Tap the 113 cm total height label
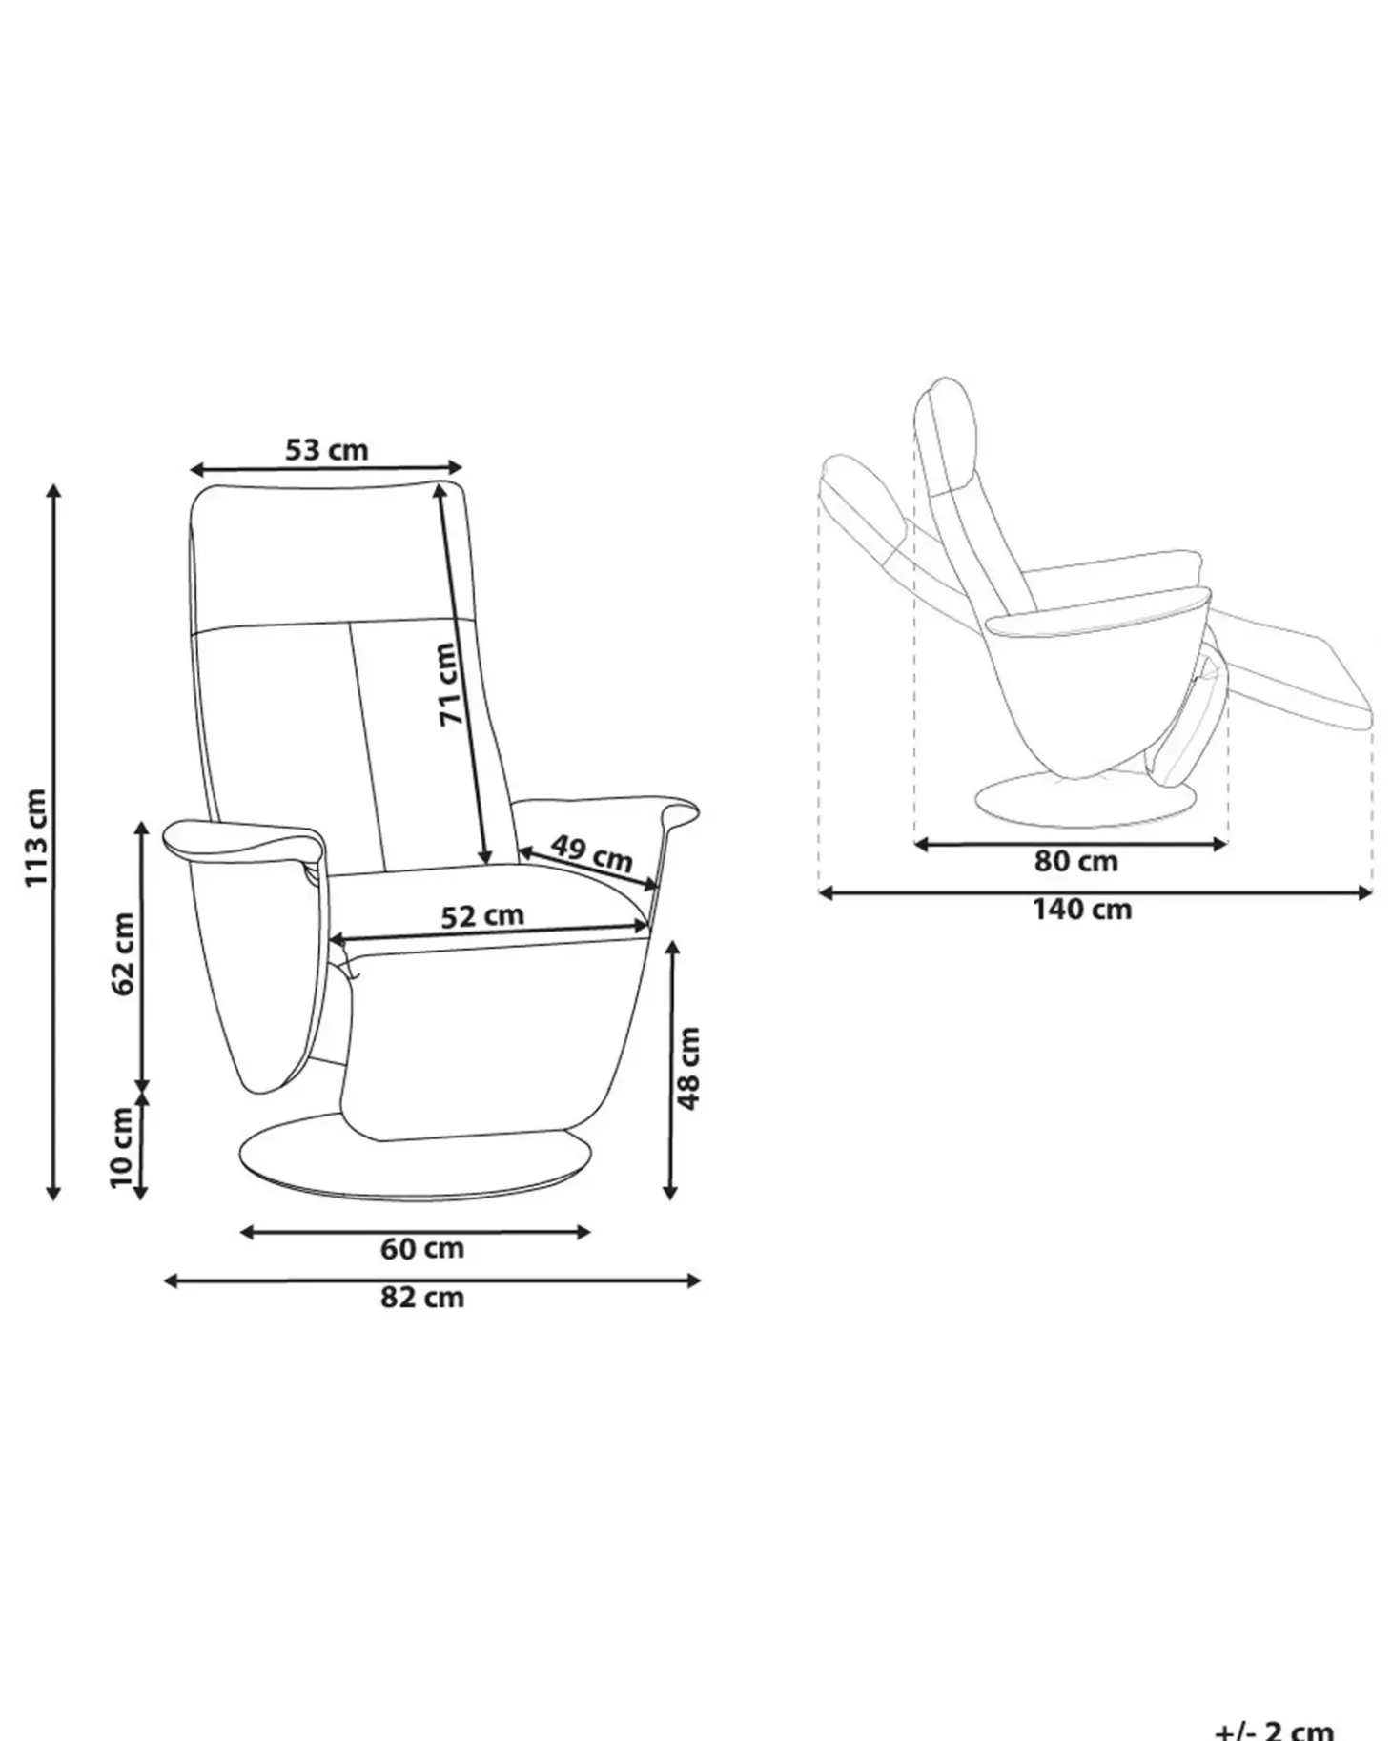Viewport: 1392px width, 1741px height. [x=35, y=837]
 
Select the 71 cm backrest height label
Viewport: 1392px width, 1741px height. [x=450, y=683]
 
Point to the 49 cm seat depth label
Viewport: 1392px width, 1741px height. [x=591, y=852]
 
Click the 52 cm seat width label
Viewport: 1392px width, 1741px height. [x=482, y=915]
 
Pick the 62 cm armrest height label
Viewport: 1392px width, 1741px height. [x=123, y=953]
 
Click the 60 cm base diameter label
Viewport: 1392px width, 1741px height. [x=421, y=1248]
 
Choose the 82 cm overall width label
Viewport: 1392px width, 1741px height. [x=421, y=1297]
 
